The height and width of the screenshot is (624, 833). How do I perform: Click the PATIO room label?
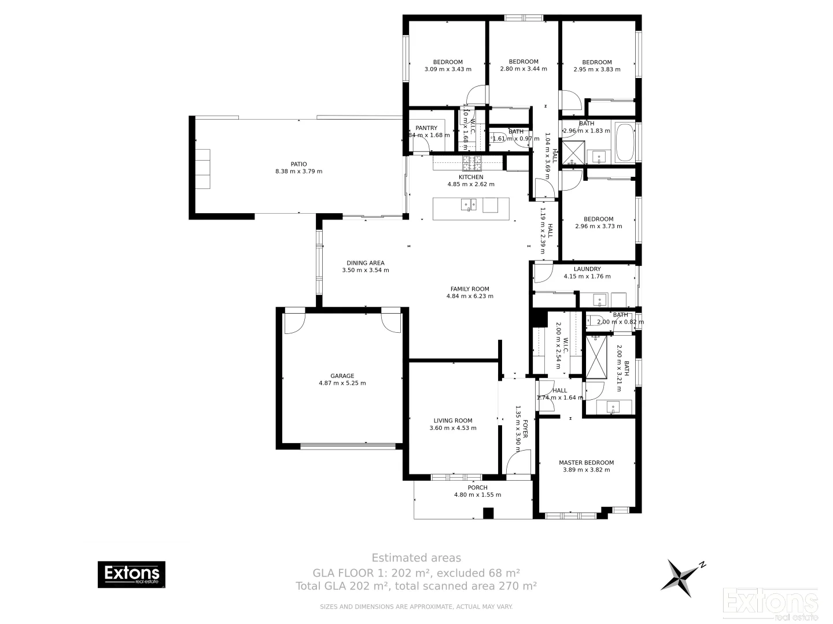pyautogui.click(x=298, y=164)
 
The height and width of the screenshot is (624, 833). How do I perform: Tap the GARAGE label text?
pyautogui.click(x=342, y=376)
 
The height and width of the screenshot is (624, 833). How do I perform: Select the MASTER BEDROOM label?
pyautogui.click(x=586, y=462)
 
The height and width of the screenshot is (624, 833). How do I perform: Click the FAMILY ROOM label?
pyautogui.click(x=470, y=289)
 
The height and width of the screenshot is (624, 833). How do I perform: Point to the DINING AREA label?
pyautogui.click(x=365, y=263)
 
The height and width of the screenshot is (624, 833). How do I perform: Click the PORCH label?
pyautogui.click(x=477, y=488)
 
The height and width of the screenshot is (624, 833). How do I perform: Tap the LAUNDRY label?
pyautogui.click(x=587, y=269)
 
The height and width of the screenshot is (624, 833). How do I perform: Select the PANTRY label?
pyautogui.click(x=426, y=128)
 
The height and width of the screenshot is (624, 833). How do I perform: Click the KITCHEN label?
pyautogui.click(x=471, y=177)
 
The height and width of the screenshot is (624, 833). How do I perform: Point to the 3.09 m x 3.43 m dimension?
pyautogui.click(x=448, y=69)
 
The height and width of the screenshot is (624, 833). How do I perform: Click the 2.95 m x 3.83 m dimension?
pyautogui.click(x=596, y=69)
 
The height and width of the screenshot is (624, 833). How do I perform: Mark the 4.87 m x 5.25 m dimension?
pyautogui.click(x=342, y=383)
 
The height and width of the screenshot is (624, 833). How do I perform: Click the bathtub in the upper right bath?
pyautogui.click(x=625, y=142)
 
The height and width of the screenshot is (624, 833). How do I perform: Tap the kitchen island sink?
pyautogui.click(x=469, y=204)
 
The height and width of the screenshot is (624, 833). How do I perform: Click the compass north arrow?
pyautogui.click(x=684, y=575)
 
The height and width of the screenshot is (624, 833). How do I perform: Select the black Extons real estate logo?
pyautogui.click(x=131, y=574)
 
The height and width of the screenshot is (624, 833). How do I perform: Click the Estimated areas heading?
pyautogui.click(x=416, y=558)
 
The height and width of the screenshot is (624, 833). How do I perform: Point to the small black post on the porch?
pyautogui.click(x=488, y=513)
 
